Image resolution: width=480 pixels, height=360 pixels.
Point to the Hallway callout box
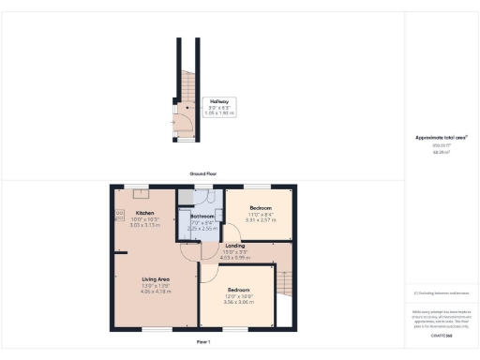(218, 107)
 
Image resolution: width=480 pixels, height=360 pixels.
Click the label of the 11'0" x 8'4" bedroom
(260, 207)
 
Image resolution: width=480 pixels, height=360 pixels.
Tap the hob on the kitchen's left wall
(119, 215)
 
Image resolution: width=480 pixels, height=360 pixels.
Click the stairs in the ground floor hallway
(186, 89)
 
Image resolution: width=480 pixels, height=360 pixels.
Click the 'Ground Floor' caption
(203, 174)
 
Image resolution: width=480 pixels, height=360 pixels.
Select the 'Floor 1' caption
(202, 342)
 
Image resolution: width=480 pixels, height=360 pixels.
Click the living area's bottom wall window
(156, 329)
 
